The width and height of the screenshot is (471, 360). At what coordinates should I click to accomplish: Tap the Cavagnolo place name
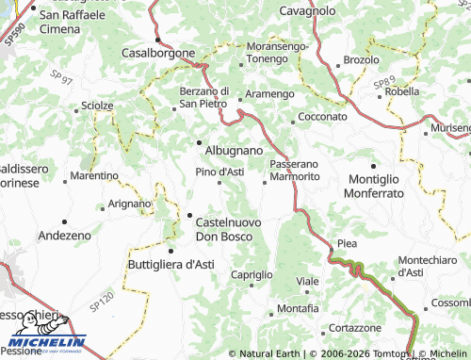pos(308,10)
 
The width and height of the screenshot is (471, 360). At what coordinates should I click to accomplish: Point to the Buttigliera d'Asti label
pos(171,265)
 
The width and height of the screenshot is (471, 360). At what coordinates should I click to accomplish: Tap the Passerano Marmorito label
pos(295,170)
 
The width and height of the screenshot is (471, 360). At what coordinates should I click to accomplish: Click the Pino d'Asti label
pos(219,172)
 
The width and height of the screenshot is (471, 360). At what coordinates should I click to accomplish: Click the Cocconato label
pos(322,116)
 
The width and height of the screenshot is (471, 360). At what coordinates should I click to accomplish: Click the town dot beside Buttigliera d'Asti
pos(171,251)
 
